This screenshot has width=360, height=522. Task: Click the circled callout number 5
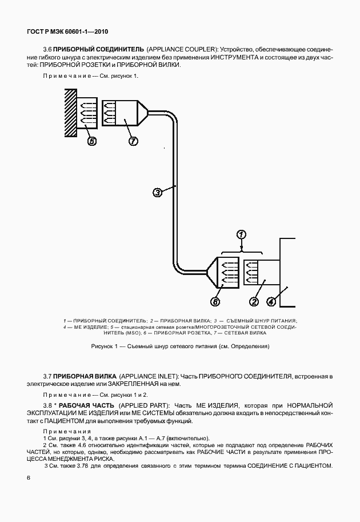(x=91, y=141)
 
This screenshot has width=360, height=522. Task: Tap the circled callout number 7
(x=133, y=141)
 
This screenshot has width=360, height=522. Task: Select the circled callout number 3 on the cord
(x=157, y=193)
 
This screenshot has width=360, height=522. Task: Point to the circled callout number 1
(x=241, y=234)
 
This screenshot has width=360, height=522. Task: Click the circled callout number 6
(x=215, y=301)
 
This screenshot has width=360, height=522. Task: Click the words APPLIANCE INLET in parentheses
(x=149, y=376)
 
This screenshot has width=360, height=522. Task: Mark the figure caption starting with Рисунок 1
(x=180, y=346)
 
